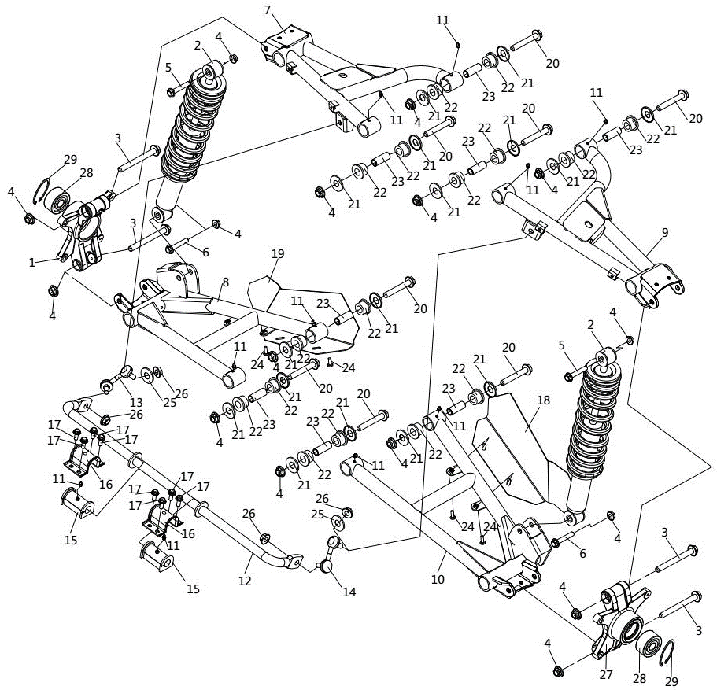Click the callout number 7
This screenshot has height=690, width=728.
268,9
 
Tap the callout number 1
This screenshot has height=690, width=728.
32,263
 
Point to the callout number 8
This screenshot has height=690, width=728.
225,282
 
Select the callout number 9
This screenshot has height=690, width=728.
665,232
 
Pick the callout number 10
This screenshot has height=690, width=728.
438,579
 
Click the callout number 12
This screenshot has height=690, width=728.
245,581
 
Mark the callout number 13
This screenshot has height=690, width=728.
136,402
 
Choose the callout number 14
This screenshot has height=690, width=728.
349,592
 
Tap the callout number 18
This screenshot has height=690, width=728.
542,400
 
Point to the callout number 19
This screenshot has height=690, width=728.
277,254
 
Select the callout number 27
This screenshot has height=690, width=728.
606,673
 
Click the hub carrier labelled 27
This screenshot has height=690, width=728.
614,622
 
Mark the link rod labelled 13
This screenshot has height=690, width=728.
116,381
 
